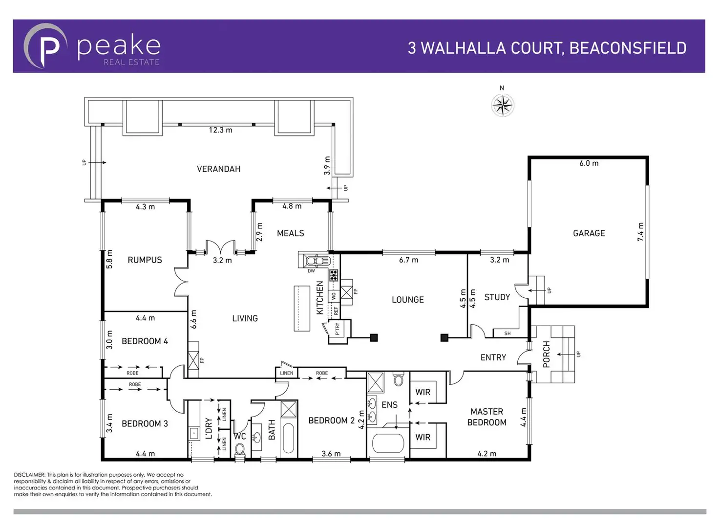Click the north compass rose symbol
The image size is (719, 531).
tap(503, 105)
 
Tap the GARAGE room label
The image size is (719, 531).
tap(589, 234)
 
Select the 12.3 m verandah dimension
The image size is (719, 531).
tap(220, 130)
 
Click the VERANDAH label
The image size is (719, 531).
tap(218, 169)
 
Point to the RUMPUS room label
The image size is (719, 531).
tap(145, 260)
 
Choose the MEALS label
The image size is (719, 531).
tap(290, 234)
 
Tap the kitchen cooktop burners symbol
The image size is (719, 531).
tap(334, 275)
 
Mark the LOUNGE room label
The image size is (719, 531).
tap(407, 300)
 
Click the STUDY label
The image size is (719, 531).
tap(497, 297)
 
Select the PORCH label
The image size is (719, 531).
tap(546, 354)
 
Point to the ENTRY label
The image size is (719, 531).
tap(493, 358)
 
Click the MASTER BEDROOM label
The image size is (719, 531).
tap(486, 417)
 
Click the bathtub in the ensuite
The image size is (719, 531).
tap(388, 444)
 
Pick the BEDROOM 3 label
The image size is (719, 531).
tap(145, 424)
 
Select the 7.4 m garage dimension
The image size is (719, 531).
tap(640, 232)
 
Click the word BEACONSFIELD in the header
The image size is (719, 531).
tap(628, 48)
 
